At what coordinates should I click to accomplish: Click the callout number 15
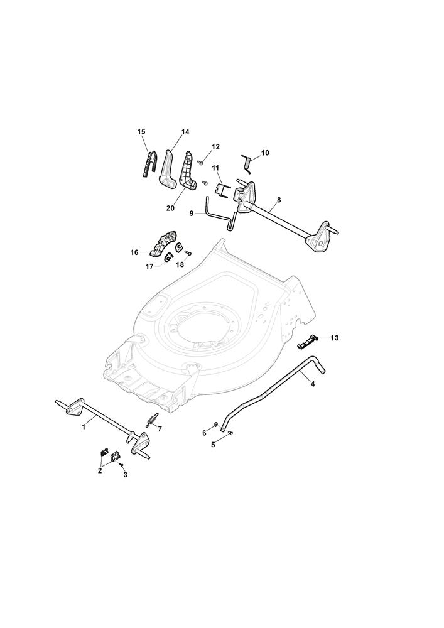coord(141,131)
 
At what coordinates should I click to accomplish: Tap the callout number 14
coord(185,131)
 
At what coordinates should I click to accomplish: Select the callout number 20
coord(171,208)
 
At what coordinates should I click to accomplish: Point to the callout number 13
coord(335,338)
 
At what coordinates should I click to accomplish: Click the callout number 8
coord(279,199)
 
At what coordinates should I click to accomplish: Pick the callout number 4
coord(313,384)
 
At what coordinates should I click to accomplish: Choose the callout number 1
coord(84,427)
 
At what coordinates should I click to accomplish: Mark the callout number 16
coord(134,252)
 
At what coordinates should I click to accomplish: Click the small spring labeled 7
coord(149,421)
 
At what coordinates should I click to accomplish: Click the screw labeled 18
coord(188,252)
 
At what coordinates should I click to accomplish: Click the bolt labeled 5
coord(230,433)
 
